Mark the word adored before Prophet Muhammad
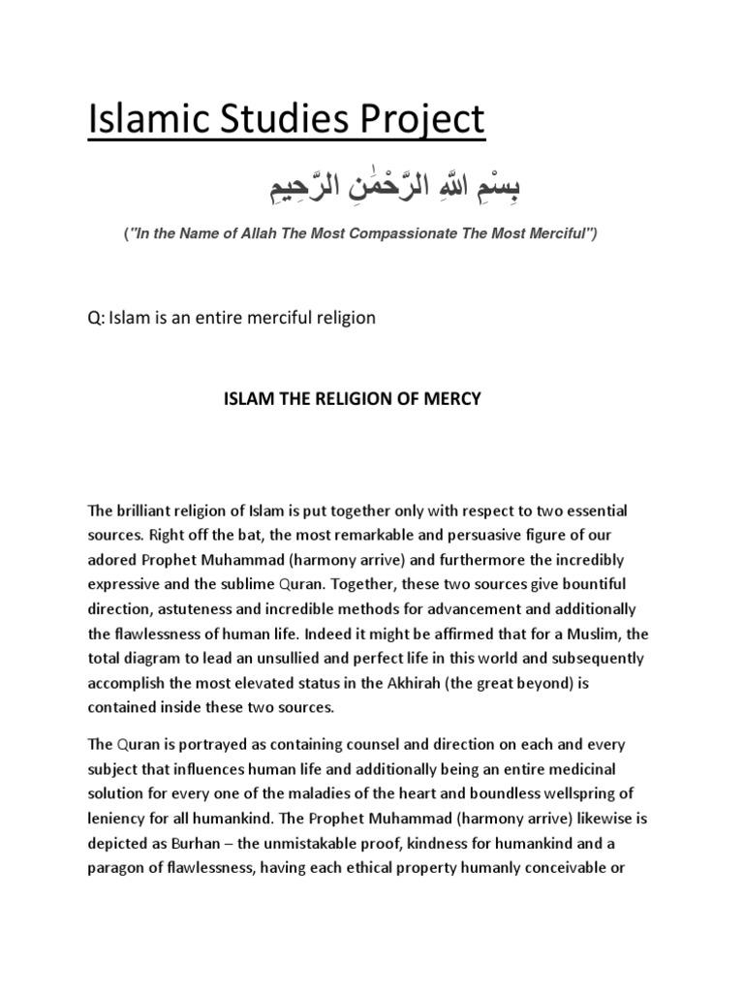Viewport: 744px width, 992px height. click(x=111, y=560)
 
